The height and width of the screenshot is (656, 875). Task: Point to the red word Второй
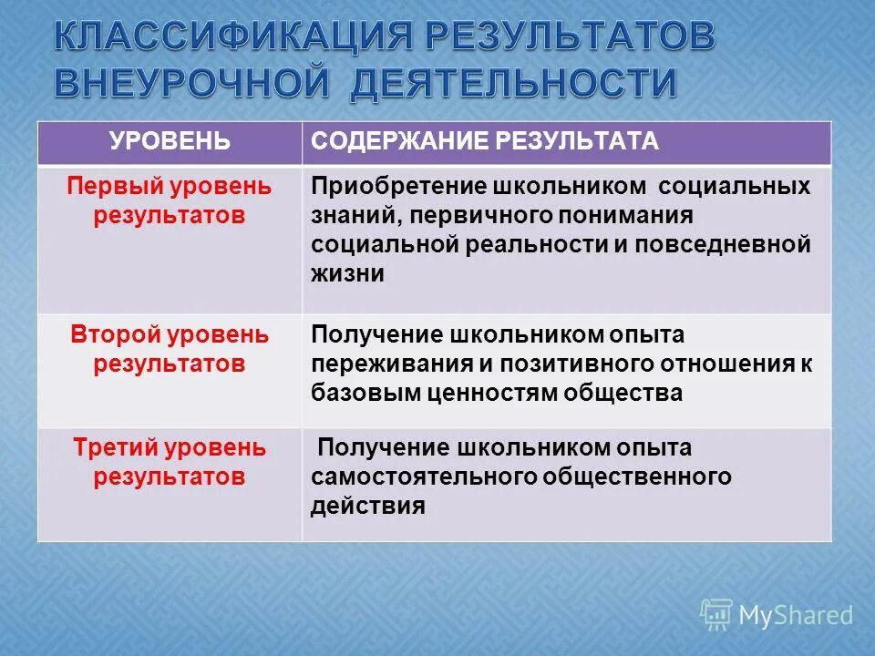click(115, 334)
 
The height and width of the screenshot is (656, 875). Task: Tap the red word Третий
click(116, 447)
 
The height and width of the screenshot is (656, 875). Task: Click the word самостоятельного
click(423, 477)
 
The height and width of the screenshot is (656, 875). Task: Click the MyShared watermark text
click(796, 615)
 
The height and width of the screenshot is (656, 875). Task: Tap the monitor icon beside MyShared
click(716, 615)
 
